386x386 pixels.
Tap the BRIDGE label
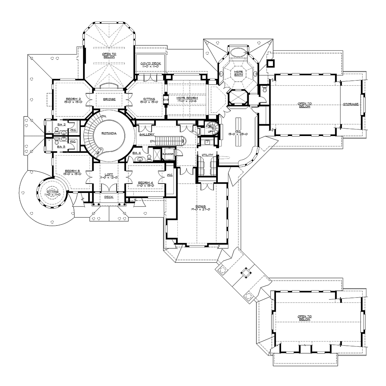pyautogui.click(x=109, y=99)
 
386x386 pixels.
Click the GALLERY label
pyautogui.click(x=147, y=134)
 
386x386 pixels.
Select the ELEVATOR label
pyautogui.click(x=168, y=154)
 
